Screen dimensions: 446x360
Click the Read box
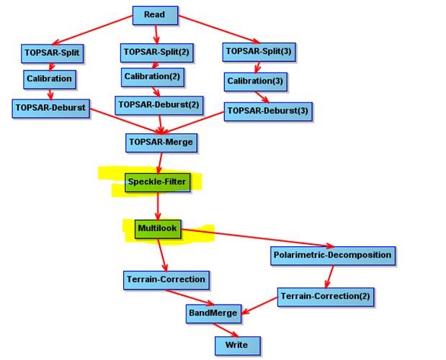coord(156,15)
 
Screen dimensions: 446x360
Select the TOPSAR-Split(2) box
coord(157,53)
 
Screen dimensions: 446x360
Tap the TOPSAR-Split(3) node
coord(259,53)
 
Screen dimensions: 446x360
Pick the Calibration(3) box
coord(256,82)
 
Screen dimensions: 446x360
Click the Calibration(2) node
coord(153,77)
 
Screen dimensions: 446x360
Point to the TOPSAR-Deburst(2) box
coord(159,105)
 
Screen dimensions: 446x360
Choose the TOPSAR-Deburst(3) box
coord(268,112)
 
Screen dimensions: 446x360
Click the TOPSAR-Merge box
coord(161,143)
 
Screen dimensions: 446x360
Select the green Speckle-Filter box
coord(157,182)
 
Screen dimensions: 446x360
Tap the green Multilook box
coord(158,229)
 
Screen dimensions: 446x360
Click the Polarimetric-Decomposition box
coord(333,256)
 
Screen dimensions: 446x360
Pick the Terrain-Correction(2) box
coord(326,297)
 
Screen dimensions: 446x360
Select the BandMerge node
coord(213,314)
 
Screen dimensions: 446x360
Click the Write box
coord(238,346)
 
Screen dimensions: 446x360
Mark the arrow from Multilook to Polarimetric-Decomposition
coord(257,238)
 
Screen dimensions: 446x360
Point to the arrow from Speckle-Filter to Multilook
coord(158,206)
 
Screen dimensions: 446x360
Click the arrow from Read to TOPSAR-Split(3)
coord(219,30)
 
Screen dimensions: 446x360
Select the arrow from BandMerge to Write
coord(226,330)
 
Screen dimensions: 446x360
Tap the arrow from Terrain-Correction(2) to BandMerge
coord(259,306)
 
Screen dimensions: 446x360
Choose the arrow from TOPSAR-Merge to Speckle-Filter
coord(160,163)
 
